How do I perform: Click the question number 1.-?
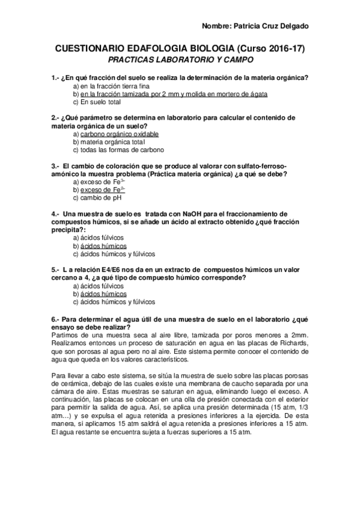tap(56, 78)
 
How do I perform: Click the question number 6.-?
tap(56, 318)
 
